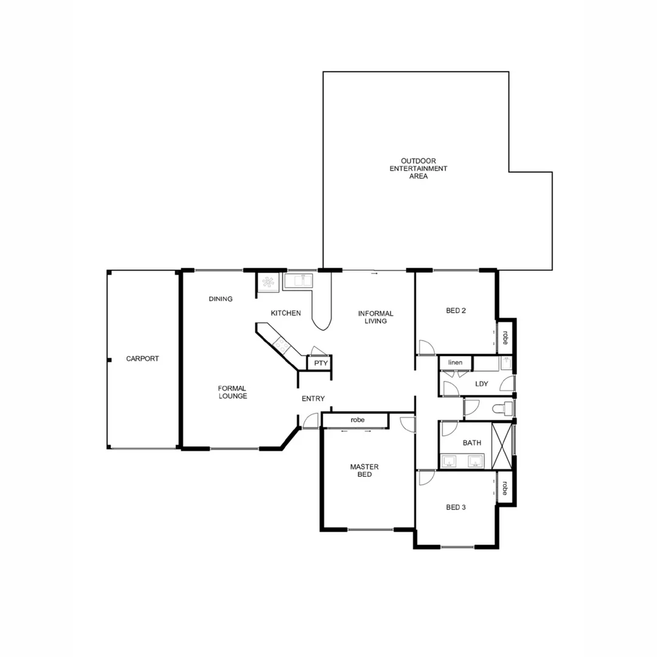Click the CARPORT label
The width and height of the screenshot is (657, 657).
(x=142, y=359)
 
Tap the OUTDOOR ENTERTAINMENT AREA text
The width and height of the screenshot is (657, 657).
(x=419, y=169)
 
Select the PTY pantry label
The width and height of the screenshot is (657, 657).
(x=321, y=363)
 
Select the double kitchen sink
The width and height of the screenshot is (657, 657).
(x=298, y=281)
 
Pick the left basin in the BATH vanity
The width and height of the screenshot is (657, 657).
(x=450, y=461)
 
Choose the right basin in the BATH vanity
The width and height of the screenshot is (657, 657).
(x=476, y=461)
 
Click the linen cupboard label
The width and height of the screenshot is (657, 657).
(x=455, y=363)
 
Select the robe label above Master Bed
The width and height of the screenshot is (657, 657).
(x=357, y=420)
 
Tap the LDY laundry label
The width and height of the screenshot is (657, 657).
(x=481, y=384)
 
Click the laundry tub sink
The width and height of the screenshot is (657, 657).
(x=506, y=363)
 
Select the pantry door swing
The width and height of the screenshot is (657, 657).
(x=319, y=350)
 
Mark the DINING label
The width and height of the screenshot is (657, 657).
(x=220, y=299)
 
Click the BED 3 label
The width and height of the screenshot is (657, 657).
(x=456, y=507)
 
